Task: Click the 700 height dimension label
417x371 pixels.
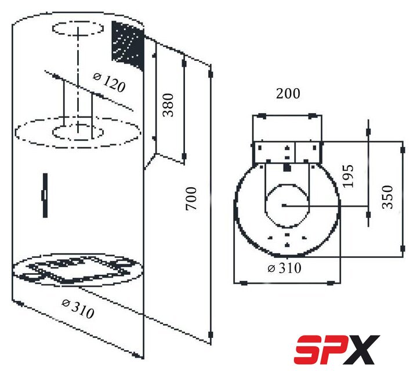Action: (191, 198)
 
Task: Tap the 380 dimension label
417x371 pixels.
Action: (168, 105)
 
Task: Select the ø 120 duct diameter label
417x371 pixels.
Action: (109, 83)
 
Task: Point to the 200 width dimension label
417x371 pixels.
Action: (288, 93)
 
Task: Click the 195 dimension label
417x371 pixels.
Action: (348, 176)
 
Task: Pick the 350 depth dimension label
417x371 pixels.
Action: (387, 197)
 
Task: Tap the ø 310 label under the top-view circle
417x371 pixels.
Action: (284, 268)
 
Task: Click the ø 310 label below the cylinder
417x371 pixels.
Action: (78, 308)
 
